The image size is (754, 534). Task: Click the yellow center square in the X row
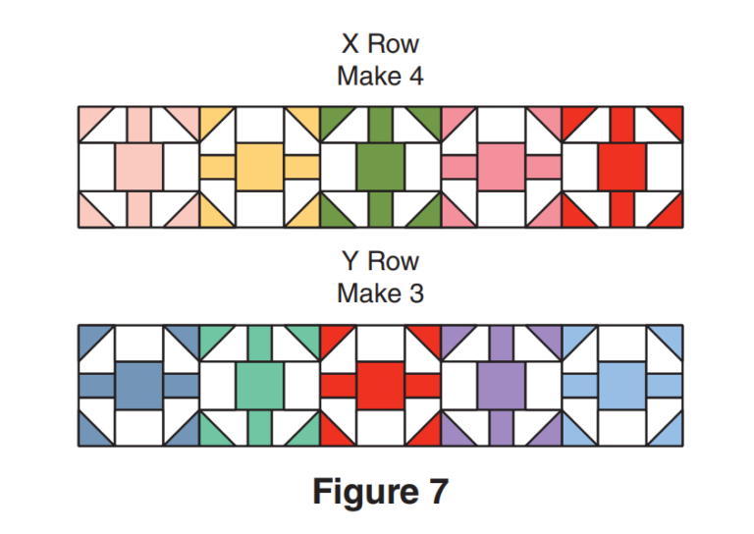(260, 167)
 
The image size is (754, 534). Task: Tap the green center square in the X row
(381, 167)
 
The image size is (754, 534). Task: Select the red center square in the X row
(622, 167)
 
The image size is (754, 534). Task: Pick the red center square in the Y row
(381, 385)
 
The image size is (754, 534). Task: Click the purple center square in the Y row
(502, 385)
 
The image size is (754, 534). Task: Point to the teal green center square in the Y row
(260, 385)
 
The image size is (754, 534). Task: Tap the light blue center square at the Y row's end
(622, 385)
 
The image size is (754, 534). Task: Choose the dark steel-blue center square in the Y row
(139, 385)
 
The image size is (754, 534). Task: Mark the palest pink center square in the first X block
(139, 167)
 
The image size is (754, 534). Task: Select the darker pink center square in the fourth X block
(502, 167)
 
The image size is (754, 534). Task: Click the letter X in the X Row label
(350, 44)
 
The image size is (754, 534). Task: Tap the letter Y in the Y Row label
(350, 262)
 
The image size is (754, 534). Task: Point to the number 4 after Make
(415, 76)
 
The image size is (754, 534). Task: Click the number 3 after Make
(415, 294)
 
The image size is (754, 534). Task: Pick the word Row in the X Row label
(394, 44)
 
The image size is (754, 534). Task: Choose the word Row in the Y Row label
(394, 262)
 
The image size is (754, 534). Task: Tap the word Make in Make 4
(366, 76)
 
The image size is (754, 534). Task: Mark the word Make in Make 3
(366, 294)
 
